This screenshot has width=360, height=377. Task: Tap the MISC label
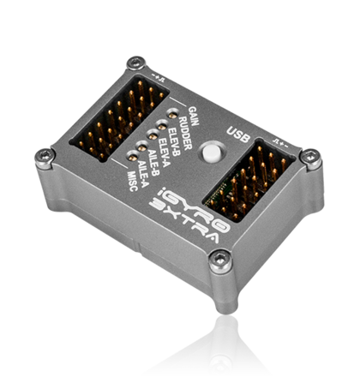click(126, 184)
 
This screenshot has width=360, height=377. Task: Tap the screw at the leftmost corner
click(44, 155)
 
